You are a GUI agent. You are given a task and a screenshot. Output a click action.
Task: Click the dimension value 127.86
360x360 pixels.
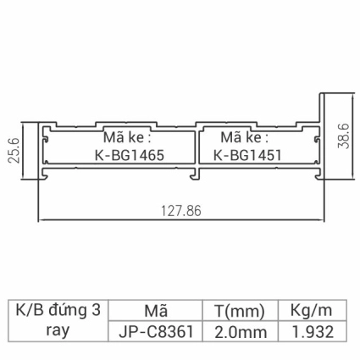(x=178, y=211)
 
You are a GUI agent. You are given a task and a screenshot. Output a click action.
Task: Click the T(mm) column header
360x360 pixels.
(x=239, y=311)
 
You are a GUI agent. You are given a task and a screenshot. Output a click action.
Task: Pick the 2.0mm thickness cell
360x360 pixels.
(x=239, y=332)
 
